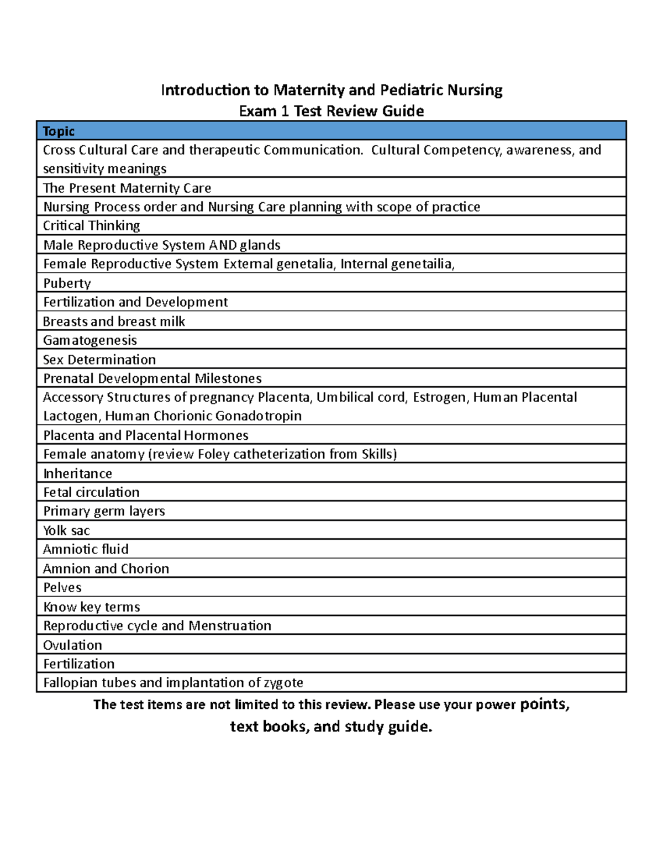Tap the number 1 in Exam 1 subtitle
click(x=285, y=111)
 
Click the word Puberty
click(x=67, y=283)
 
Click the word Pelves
click(x=62, y=587)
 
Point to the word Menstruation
click(x=230, y=625)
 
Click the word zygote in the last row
click(x=283, y=683)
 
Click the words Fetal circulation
click(x=91, y=492)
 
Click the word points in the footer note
click(x=543, y=704)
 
